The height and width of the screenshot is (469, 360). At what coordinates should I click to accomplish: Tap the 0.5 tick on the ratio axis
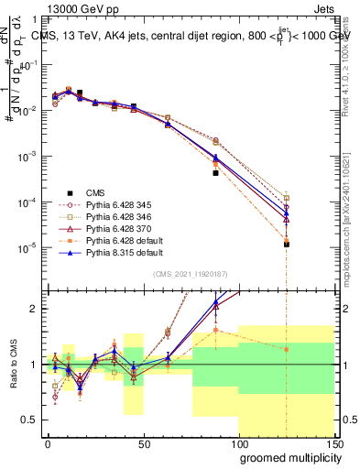(x=30, y=420)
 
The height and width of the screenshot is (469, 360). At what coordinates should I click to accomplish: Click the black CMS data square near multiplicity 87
(x=216, y=172)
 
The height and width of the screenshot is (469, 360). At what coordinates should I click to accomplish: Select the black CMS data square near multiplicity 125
(x=287, y=245)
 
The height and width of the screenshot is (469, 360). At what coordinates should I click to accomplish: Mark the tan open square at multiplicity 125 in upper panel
(x=287, y=198)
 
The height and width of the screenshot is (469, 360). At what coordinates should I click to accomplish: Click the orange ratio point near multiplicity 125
(x=287, y=349)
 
